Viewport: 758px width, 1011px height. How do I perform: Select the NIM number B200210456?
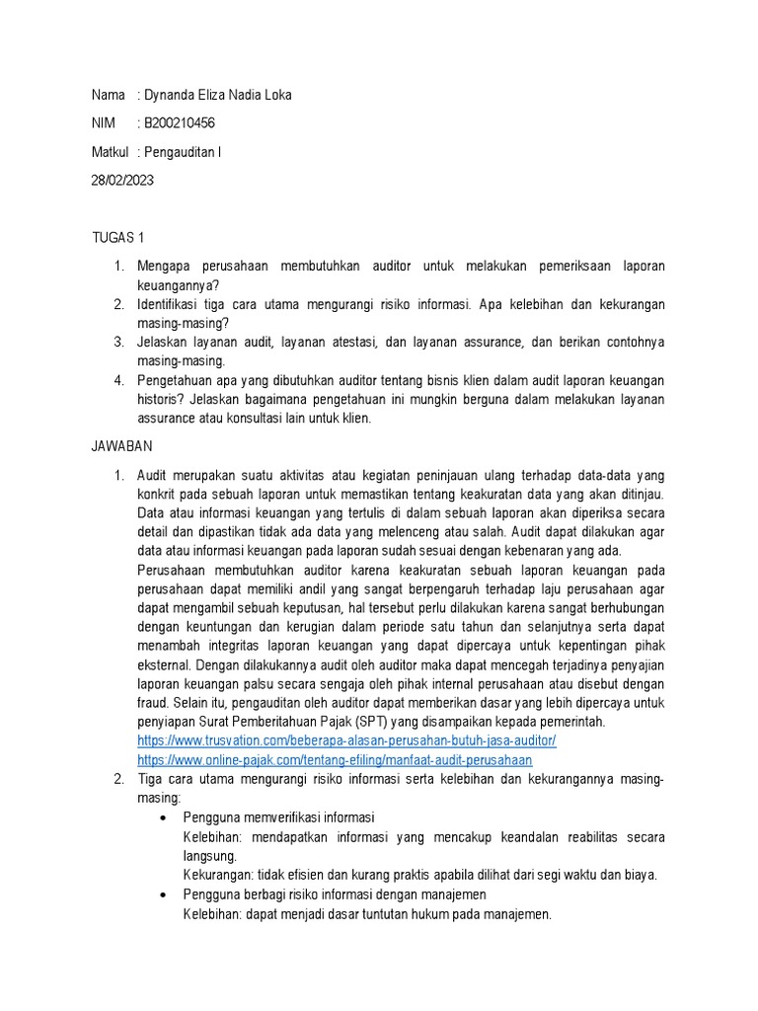click(180, 123)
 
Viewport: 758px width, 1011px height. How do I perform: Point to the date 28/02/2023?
click(122, 181)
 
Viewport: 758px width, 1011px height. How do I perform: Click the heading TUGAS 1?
click(117, 239)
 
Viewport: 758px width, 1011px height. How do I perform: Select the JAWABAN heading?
click(122, 446)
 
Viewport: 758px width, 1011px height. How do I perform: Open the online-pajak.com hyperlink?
click(335, 760)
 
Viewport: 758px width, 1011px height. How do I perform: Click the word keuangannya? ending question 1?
click(178, 285)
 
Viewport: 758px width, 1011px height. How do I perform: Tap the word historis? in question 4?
click(163, 399)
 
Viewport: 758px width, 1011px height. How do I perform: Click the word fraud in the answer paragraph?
click(153, 702)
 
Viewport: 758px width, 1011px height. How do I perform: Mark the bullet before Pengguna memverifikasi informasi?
click(164, 817)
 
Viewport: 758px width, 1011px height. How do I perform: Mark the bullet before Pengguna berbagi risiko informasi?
click(164, 894)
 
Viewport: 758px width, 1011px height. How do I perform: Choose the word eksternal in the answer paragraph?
click(167, 664)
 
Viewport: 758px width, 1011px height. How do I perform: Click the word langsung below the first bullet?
click(209, 856)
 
